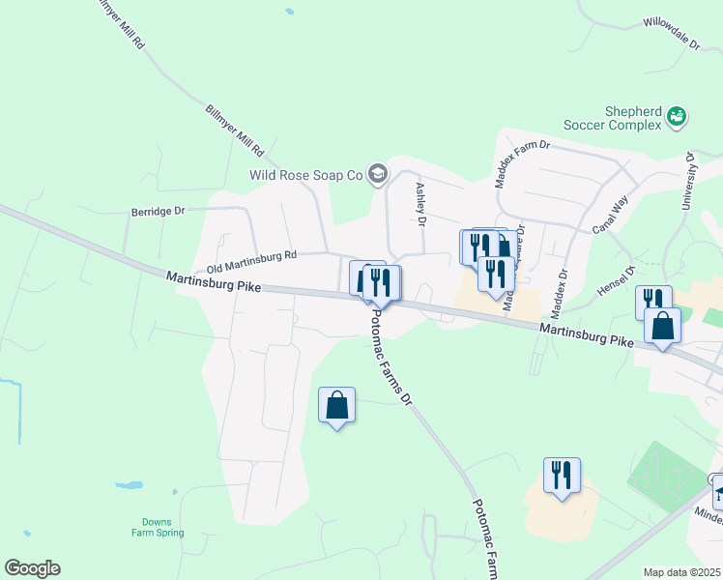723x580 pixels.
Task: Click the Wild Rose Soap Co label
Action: point(304,175)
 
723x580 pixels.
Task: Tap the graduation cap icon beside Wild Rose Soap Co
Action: point(378,174)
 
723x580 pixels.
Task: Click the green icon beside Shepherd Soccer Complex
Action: point(677,118)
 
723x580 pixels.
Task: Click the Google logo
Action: point(32,568)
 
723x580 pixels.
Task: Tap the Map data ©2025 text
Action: point(682,572)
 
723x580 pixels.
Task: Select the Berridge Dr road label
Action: point(158,211)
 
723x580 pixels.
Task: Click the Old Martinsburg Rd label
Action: point(250,260)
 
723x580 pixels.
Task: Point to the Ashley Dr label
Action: point(420,205)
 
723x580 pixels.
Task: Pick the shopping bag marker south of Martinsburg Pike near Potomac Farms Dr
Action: point(336,405)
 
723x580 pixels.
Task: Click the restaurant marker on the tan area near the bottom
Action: point(562,476)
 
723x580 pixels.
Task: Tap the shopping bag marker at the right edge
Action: point(662,326)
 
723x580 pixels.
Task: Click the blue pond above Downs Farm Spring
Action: point(130,484)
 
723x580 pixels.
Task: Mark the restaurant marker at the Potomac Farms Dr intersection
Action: point(380,283)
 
